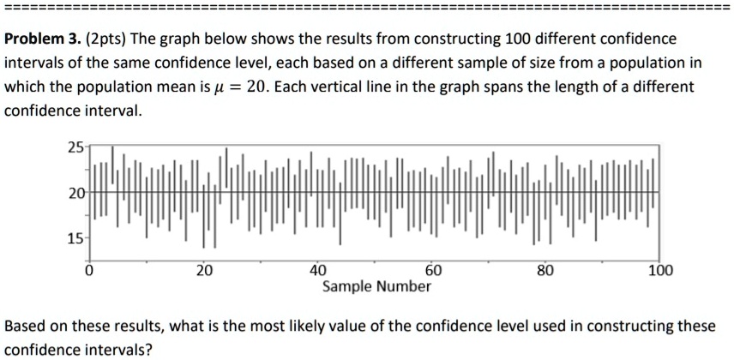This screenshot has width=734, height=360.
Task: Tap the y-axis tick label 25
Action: coord(75,147)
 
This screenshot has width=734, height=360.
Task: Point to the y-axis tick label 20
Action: coord(75,194)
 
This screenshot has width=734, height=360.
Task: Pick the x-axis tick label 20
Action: coord(202,271)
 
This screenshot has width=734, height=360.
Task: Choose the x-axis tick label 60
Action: coord(434,271)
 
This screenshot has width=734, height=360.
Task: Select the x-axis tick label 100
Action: coord(660,271)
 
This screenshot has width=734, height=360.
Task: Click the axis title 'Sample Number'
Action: coord(376,286)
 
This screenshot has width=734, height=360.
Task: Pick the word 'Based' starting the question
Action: coord(24,327)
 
